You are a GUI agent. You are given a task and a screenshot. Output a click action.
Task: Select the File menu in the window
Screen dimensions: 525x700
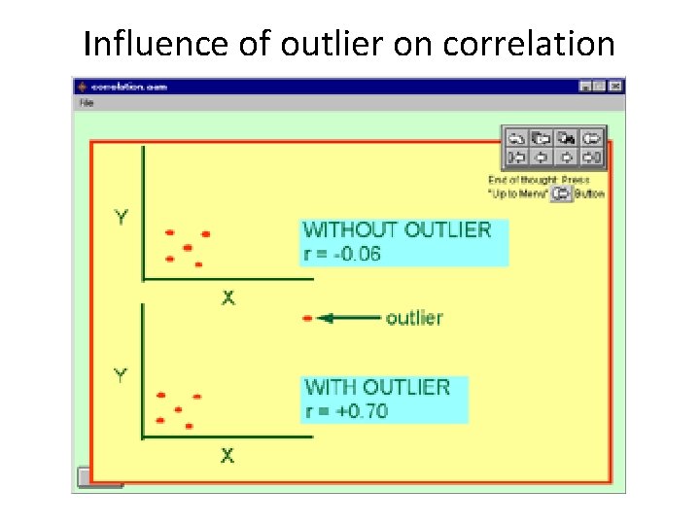click(87, 102)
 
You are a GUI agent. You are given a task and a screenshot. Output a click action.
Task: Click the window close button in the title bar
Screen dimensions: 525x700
click(615, 87)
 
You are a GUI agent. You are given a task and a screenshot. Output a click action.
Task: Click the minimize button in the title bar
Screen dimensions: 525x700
click(585, 87)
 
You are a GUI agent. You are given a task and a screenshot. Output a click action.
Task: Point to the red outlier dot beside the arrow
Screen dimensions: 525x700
click(307, 318)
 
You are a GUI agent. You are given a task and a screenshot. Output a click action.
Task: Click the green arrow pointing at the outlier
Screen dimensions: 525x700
click(350, 318)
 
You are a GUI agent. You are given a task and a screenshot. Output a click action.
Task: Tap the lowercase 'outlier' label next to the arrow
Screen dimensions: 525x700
click(414, 318)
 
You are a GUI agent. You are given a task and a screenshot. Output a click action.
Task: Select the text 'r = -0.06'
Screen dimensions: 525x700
click(342, 255)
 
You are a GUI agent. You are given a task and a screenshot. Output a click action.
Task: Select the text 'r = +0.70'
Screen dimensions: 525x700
click(346, 411)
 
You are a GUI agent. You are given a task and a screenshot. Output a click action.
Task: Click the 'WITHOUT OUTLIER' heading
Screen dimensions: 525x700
click(398, 230)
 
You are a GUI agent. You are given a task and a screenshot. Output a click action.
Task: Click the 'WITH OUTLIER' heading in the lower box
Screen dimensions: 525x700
click(377, 387)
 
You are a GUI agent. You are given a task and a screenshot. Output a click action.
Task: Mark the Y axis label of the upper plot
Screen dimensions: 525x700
click(121, 218)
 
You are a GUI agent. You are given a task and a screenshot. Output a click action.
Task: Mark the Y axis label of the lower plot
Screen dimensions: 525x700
click(121, 374)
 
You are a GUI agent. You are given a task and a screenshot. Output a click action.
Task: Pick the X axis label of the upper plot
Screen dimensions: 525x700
click(227, 297)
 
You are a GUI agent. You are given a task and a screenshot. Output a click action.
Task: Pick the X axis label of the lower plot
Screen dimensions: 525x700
click(227, 455)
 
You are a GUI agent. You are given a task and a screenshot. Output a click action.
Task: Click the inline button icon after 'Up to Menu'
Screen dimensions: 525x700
click(560, 194)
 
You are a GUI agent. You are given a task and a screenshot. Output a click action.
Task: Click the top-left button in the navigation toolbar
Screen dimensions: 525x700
click(516, 138)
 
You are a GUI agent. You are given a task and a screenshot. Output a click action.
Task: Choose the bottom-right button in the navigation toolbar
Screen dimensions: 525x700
click(593, 157)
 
